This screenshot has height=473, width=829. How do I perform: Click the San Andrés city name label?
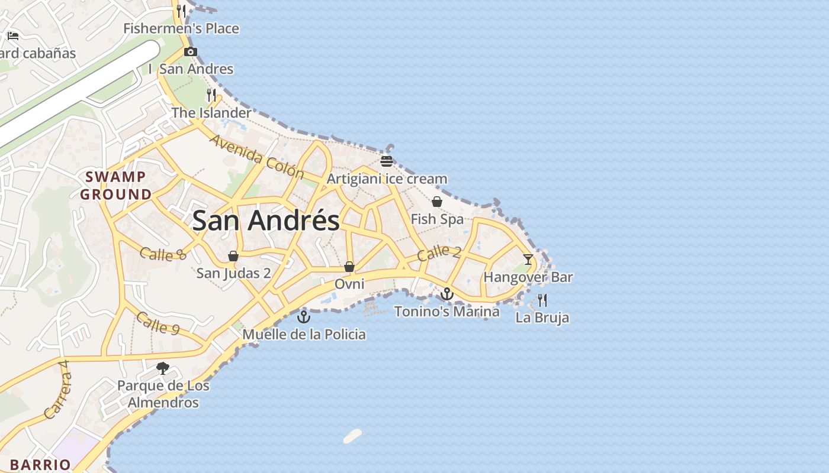point(266,221)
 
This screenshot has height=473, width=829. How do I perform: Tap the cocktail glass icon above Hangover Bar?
point(528,260)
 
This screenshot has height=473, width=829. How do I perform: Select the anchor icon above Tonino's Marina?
point(447,294)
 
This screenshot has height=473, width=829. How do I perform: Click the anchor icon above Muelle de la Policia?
point(304,317)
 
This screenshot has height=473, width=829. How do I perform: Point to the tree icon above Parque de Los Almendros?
point(163,368)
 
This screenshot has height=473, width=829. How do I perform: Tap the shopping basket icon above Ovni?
point(349,267)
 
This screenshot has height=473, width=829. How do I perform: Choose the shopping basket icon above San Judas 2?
point(233,256)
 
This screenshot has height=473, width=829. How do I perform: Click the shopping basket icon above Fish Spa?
point(437,202)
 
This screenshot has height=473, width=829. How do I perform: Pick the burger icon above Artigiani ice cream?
point(387,161)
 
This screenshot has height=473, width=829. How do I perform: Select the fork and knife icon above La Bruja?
point(542,300)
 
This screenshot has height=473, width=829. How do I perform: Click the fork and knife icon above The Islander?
point(211,95)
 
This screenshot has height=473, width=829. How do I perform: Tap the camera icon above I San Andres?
point(190,51)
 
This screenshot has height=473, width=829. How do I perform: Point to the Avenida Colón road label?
point(257,157)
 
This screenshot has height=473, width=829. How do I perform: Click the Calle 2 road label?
point(438,253)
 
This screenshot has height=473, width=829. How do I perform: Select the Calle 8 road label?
point(163,254)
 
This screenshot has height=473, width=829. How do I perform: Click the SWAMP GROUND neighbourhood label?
point(116,185)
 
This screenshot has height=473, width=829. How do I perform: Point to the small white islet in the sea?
point(352,436)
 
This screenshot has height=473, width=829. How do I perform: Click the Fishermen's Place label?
point(181,28)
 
